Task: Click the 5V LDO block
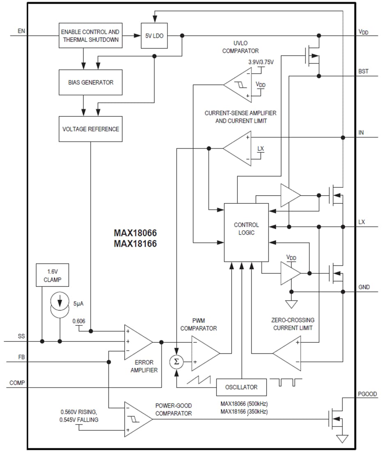pos(154,36)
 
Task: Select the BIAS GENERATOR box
pos(90,82)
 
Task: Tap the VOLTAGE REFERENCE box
pos(90,129)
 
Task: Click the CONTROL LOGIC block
pos(246,232)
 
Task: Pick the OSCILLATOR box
pos(241,387)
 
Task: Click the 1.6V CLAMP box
pos(52,275)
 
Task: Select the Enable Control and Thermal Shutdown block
pos(90,36)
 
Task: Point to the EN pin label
pos(21,31)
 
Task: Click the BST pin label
pos(363,71)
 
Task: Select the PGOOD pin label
pos(367,394)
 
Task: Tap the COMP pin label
pos(17,383)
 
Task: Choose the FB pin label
pos(21,357)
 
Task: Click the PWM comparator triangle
pos(204,352)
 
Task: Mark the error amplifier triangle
pos(137,342)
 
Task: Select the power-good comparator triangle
pos(137,419)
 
